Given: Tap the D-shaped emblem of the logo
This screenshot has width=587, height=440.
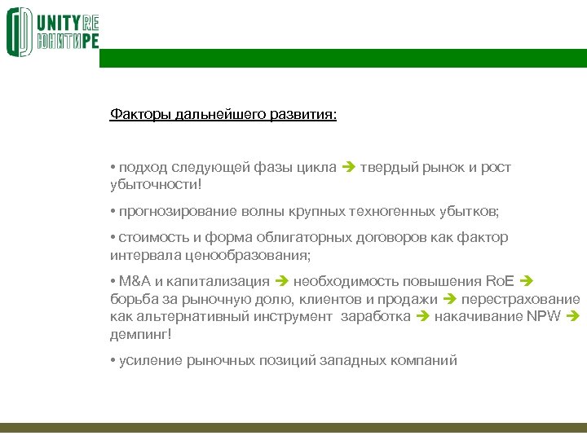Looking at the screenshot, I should tap(19, 32).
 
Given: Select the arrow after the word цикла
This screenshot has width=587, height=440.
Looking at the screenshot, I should tap(348, 168).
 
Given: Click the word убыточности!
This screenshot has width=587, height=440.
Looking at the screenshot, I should tap(155, 184).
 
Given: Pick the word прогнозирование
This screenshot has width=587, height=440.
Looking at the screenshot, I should tap(178, 211).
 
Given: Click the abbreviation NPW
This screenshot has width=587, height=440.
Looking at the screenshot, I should tap(542, 315).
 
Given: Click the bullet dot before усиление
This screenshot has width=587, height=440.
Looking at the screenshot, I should tap(113, 360).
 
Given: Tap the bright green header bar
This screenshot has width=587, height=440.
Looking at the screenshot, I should tap(342, 58).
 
